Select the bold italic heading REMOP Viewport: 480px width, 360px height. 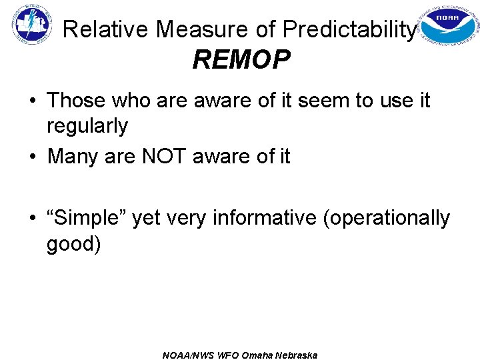(x=241, y=61)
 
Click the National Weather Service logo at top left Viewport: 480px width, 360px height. (x=31, y=25)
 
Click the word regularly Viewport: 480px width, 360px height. (x=87, y=125)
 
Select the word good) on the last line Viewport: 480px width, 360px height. (x=74, y=243)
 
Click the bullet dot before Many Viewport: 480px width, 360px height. (x=32, y=157)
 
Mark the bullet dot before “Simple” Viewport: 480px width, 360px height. (x=32, y=219)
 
